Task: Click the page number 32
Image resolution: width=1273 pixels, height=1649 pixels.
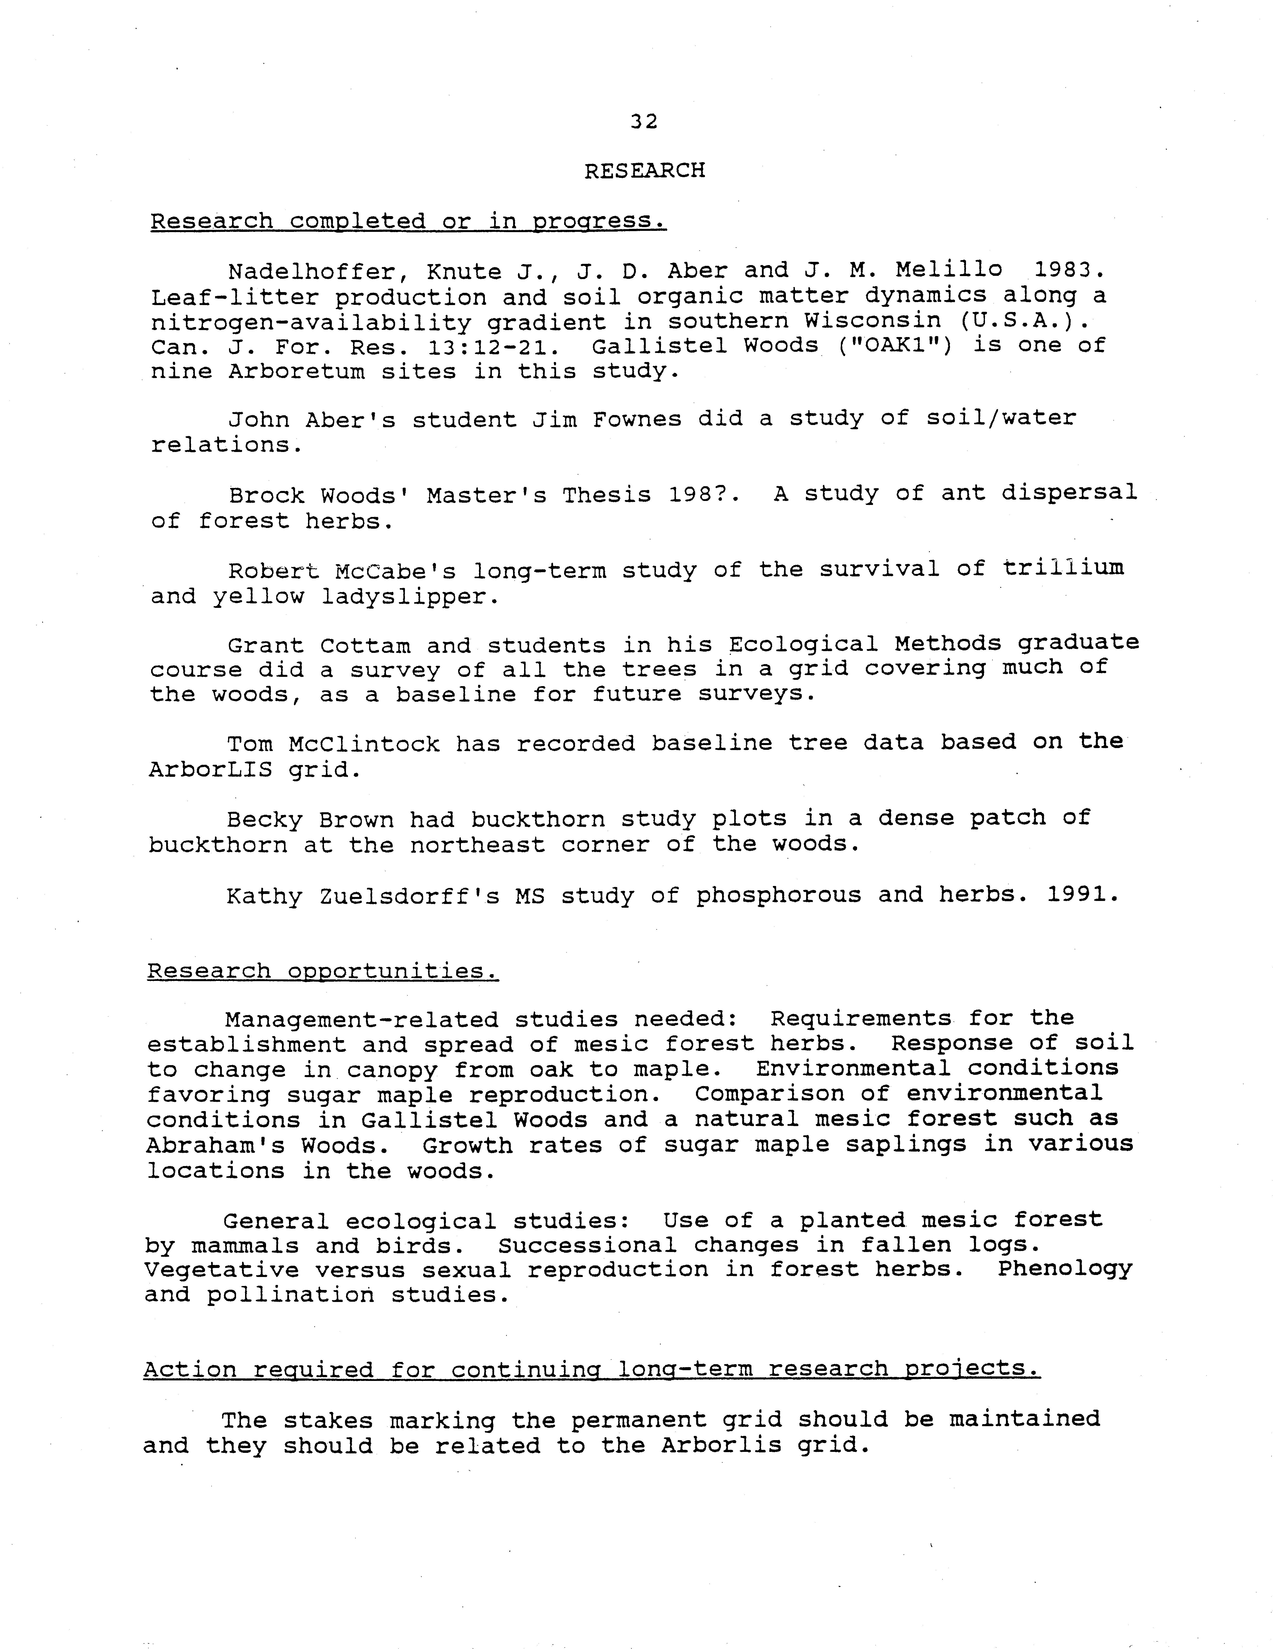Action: [644, 122]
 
